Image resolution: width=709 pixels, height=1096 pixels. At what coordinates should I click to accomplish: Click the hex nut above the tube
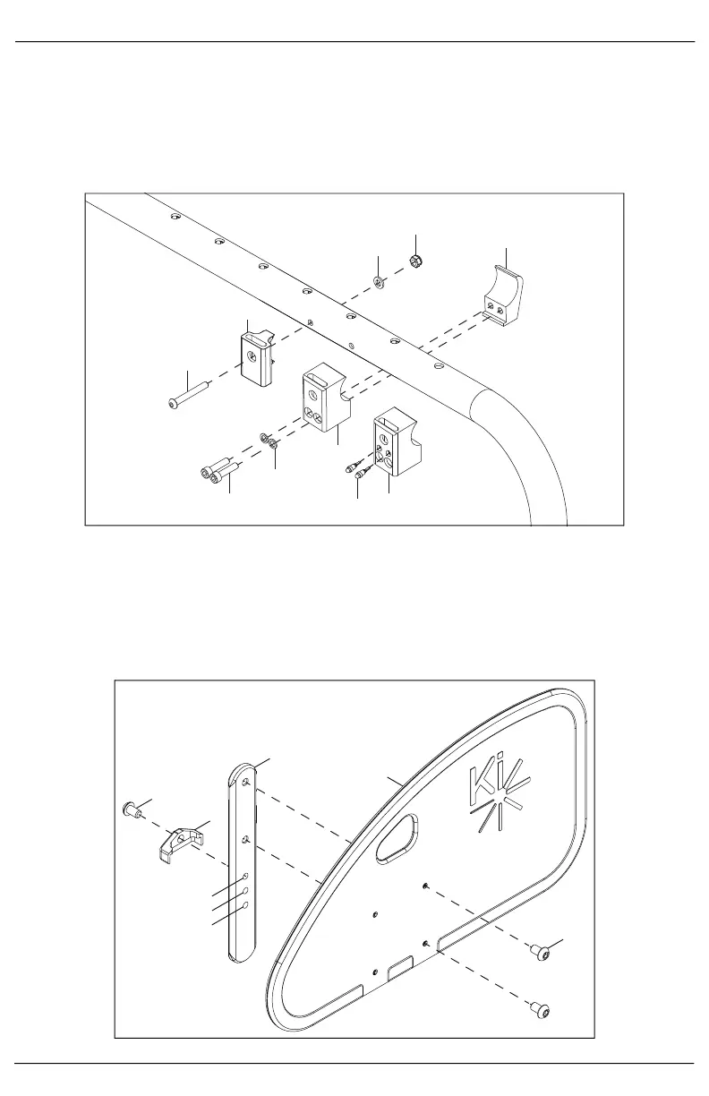[415, 261]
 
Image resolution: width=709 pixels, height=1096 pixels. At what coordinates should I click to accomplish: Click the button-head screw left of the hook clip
[131, 811]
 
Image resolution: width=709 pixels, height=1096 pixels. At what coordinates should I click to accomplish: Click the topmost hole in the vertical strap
[245, 782]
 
